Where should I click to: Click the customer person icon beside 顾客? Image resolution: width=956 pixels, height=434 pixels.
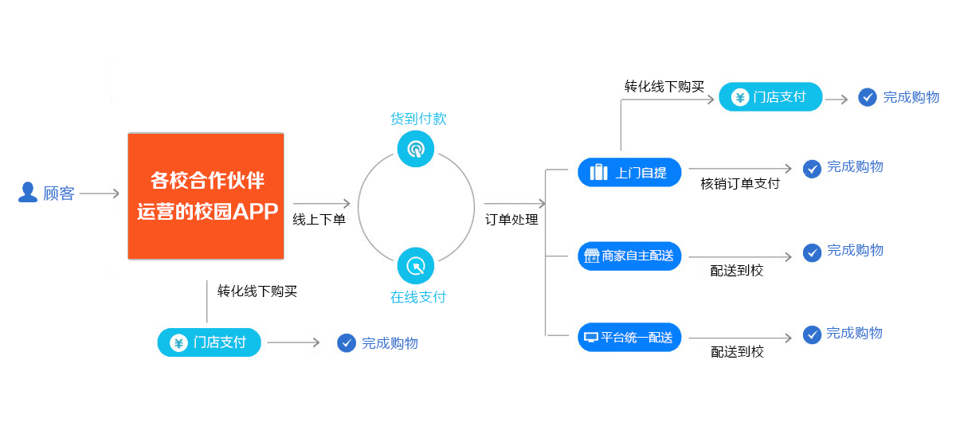28,193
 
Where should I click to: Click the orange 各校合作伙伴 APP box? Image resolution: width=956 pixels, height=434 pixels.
206,196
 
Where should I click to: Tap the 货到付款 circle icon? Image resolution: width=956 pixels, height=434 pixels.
415,148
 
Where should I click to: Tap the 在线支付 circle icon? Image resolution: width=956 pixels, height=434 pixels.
415,266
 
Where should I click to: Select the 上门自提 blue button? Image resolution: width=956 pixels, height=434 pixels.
629,172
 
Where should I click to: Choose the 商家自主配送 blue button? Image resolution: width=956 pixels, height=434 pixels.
629,256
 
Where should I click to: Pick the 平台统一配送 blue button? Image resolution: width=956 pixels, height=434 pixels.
629,338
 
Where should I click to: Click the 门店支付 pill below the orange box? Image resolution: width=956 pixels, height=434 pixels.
210,342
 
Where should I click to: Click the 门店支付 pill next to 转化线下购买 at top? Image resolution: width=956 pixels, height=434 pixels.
770,97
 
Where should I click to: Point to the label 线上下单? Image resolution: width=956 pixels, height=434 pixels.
319,220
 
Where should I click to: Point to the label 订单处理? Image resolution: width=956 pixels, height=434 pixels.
511,220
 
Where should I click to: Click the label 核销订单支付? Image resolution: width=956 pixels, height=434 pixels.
740,184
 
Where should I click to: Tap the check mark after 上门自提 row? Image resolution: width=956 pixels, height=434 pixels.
812,169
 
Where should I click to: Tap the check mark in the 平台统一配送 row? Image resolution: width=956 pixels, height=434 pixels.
812,334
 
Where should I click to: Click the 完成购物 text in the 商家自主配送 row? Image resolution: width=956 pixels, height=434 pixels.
855,250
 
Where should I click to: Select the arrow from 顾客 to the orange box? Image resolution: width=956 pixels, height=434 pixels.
100,194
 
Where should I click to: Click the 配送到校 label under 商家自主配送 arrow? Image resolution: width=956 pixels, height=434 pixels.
737,271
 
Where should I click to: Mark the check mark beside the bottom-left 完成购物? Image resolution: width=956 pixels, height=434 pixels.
346,343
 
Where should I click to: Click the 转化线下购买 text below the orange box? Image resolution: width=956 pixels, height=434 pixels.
257,291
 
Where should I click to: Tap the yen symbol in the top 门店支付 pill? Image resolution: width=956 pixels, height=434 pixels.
740,98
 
